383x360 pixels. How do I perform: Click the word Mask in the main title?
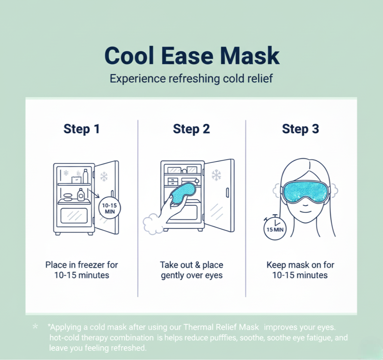250,56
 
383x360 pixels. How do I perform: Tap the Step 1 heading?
82,129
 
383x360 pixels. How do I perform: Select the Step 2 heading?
191,129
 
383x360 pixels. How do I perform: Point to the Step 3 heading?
300,129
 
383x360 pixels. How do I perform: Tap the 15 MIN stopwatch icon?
275,228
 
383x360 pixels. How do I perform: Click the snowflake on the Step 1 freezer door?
104,176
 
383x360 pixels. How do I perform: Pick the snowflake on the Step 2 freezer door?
216,175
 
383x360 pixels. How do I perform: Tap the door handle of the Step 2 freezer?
227,193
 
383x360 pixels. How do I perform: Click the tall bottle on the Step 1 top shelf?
85,176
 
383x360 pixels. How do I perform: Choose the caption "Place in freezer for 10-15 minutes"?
82,270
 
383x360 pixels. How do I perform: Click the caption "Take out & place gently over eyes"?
191,270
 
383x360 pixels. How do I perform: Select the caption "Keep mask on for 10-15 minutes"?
300,270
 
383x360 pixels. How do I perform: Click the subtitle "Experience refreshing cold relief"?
191,78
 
